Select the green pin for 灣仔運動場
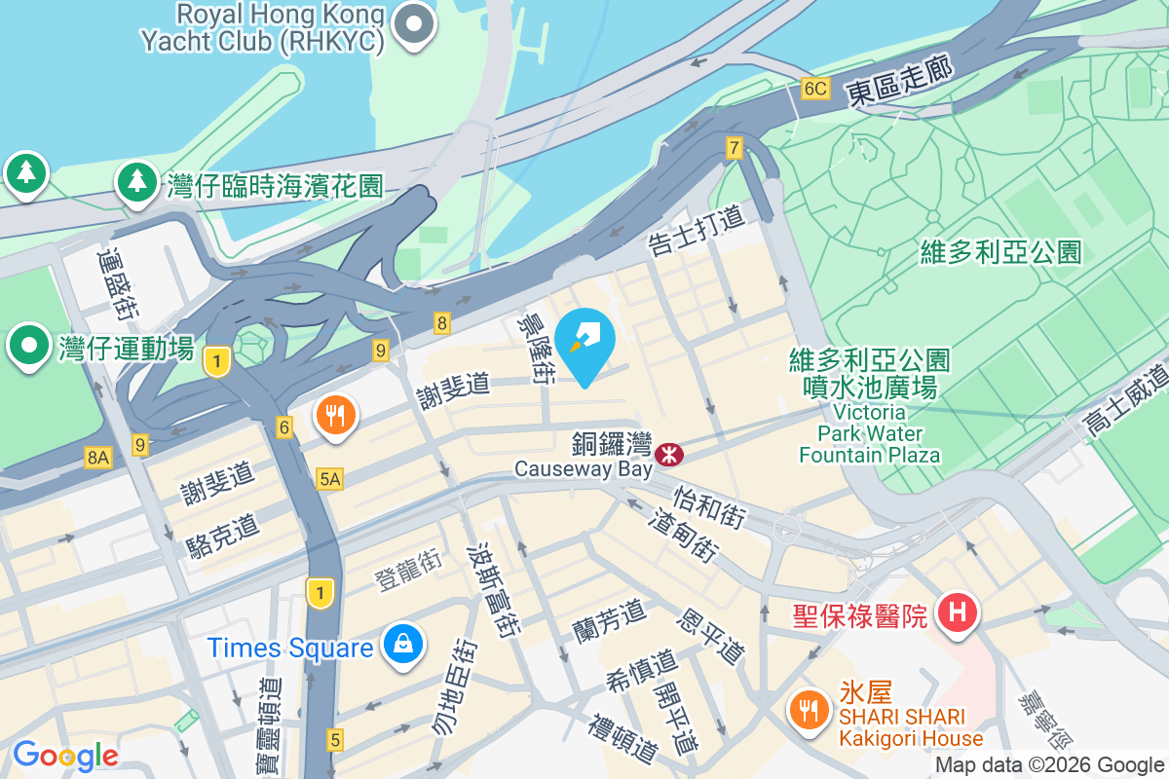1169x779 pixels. click(x=30, y=345)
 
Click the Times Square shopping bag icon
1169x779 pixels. click(x=401, y=644)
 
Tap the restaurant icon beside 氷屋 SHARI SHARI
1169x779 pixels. click(x=808, y=709)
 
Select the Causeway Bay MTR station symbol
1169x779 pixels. click(x=669, y=453)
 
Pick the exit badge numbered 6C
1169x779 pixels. click(x=815, y=89)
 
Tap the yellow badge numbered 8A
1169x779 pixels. click(x=97, y=457)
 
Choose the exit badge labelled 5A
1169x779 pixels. click(x=330, y=478)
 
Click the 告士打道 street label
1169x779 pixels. click(x=698, y=230)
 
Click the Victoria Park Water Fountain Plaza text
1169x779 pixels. click(x=869, y=433)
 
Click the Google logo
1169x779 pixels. click(x=65, y=755)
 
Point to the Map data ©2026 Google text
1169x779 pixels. click(x=1050, y=765)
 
